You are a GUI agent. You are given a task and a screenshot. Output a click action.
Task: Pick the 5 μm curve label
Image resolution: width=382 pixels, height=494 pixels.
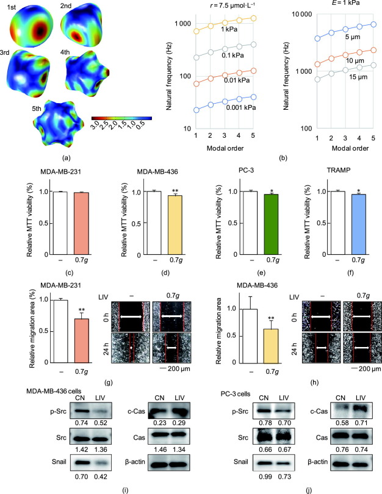(350, 37)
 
